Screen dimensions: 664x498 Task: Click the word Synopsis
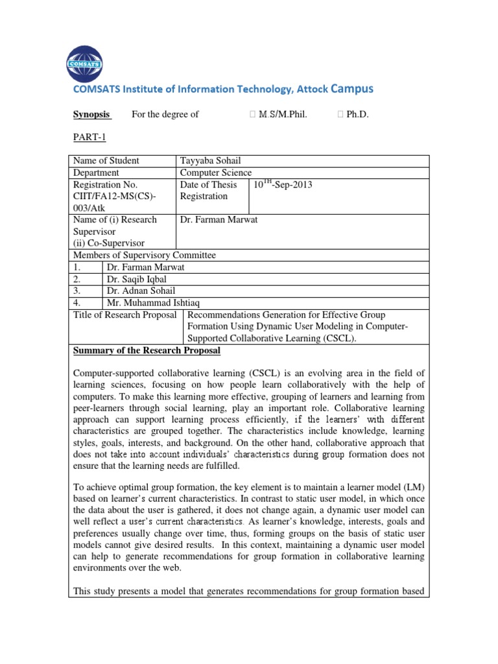click(x=91, y=115)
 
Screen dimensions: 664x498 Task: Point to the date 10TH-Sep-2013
click(x=283, y=185)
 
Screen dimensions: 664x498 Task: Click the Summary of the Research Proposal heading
click(x=147, y=351)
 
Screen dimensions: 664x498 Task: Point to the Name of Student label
click(x=106, y=161)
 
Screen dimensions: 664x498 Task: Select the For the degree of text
click(x=165, y=115)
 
